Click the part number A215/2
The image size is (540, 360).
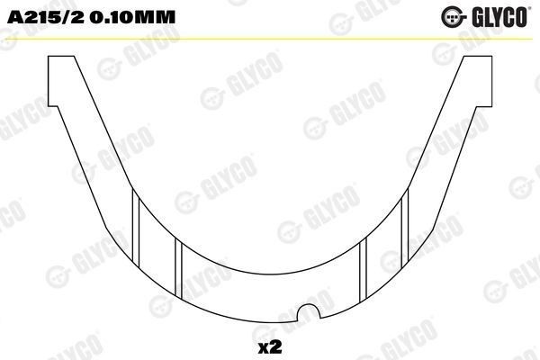(x=41, y=17)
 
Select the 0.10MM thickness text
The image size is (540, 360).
(x=118, y=17)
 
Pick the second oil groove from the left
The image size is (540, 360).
(x=178, y=270)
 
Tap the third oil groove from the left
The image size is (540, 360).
(x=364, y=270)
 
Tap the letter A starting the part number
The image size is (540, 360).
(x=13, y=17)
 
